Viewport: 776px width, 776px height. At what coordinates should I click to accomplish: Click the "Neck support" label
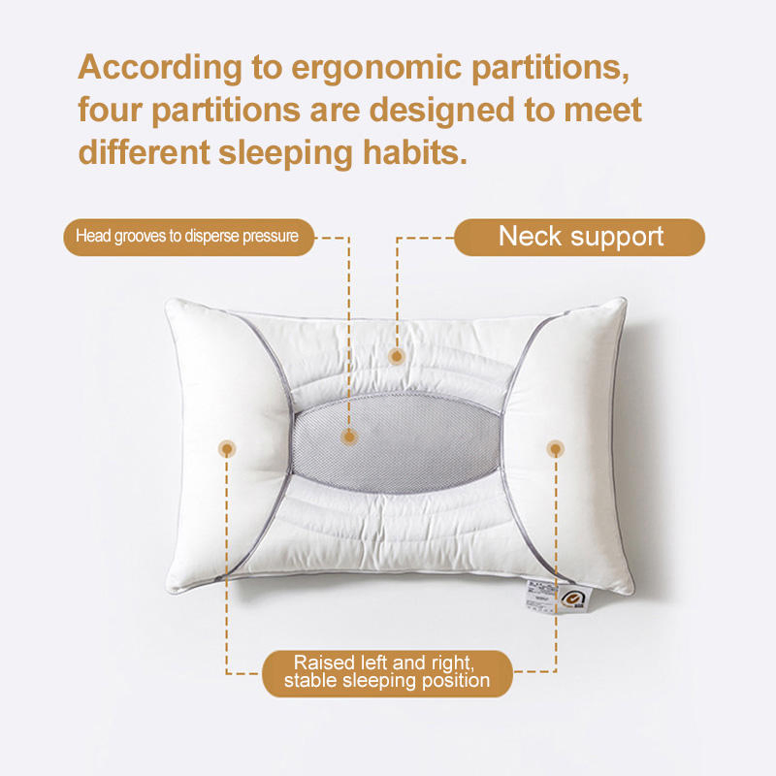tap(579, 237)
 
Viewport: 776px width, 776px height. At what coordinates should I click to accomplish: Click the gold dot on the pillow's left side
tap(226, 448)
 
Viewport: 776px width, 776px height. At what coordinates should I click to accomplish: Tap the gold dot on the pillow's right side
tap(555, 448)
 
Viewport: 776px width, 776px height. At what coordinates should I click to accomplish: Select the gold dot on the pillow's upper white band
tap(396, 356)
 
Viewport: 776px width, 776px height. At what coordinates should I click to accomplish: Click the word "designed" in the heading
tap(453, 111)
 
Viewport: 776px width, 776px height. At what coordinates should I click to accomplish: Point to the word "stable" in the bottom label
tap(312, 682)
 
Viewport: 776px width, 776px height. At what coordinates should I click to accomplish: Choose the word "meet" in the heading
tap(601, 111)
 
